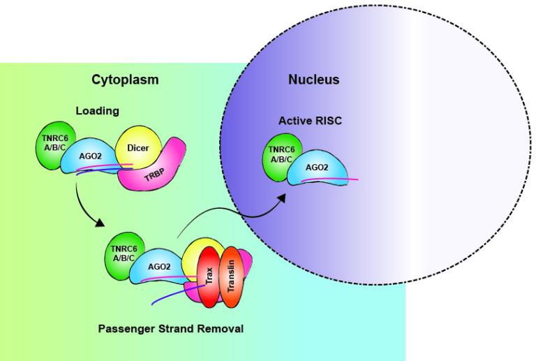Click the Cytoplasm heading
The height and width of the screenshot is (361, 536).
click(x=125, y=80)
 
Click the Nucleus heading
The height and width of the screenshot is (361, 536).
click(x=313, y=80)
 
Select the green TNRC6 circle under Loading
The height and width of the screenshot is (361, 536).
click(x=55, y=147)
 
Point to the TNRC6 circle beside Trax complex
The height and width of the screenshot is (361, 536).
click(x=122, y=253)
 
